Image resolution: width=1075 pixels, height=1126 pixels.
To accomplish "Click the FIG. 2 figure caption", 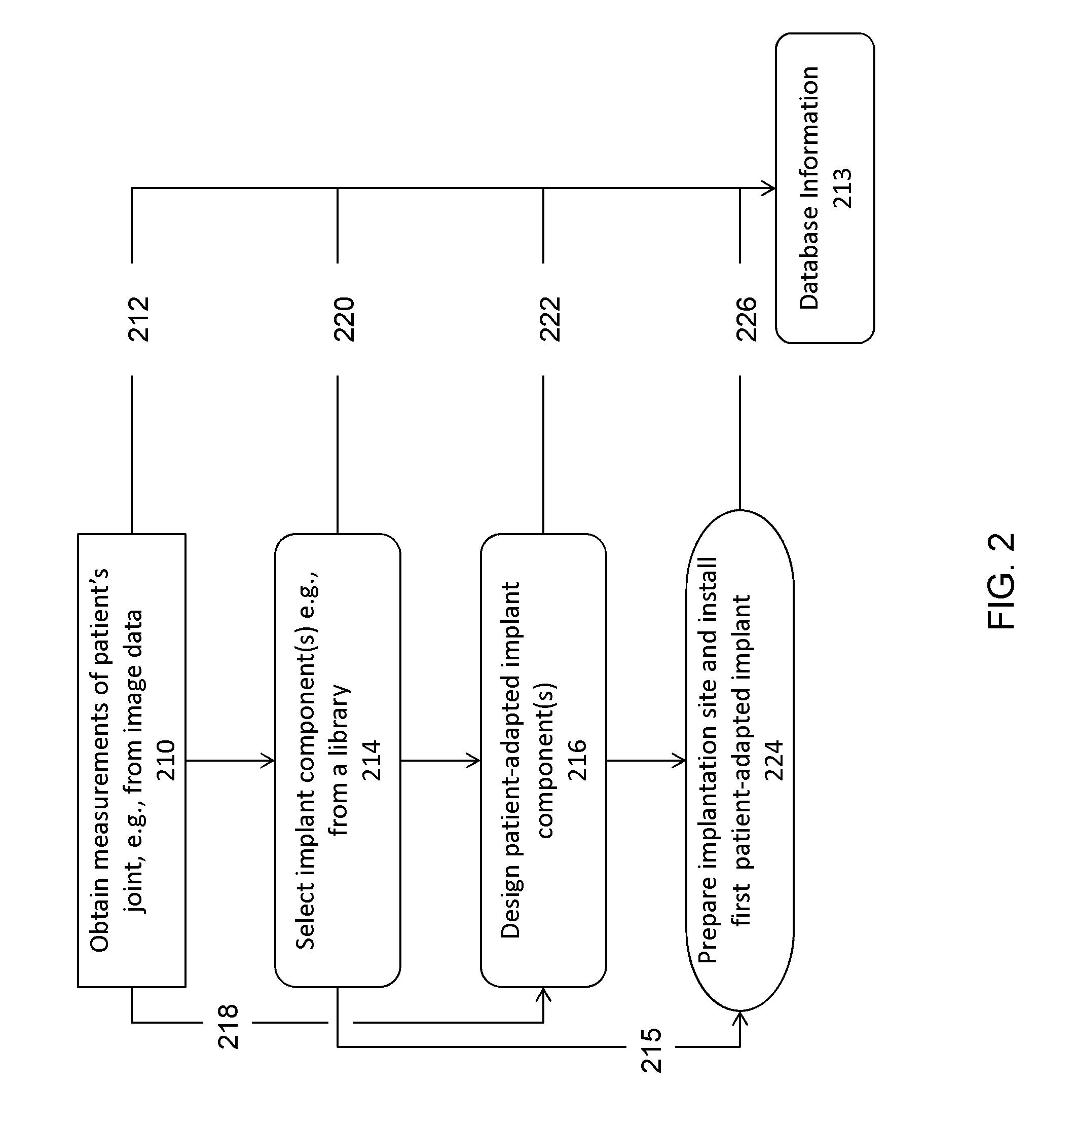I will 1000,581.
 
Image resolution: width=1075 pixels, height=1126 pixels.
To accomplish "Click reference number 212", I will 139,319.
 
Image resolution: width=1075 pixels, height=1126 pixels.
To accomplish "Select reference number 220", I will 344,319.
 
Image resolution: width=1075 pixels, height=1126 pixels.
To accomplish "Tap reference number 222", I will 550,319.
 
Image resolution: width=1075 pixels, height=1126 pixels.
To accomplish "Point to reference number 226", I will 747,319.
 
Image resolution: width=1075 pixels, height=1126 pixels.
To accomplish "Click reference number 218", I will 228,1026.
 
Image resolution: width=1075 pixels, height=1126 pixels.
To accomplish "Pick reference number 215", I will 651,1050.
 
